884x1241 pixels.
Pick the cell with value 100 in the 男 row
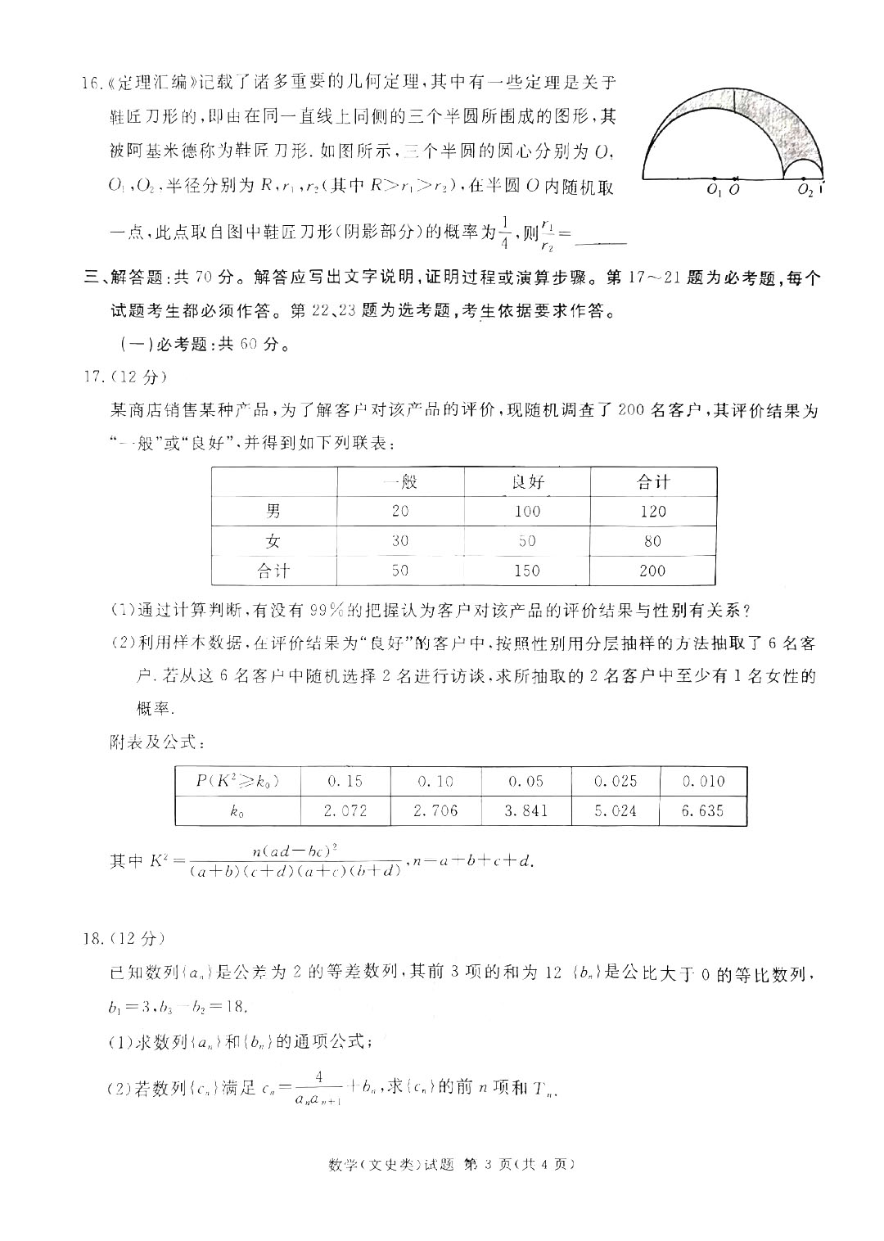point(526,512)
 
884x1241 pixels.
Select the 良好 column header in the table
point(526,482)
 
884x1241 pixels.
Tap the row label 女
point(273,541)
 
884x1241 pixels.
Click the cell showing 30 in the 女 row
point(399,541)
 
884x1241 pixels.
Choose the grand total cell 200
point(652,571)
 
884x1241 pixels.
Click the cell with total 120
point(652,512)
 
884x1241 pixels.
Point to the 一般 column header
point(399,482)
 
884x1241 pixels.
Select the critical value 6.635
point(703,811)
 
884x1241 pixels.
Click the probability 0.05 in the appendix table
point(525,781)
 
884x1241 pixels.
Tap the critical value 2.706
point(435,811)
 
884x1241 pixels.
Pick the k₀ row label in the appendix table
point(237,812)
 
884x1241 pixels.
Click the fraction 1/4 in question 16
point(505,232)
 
